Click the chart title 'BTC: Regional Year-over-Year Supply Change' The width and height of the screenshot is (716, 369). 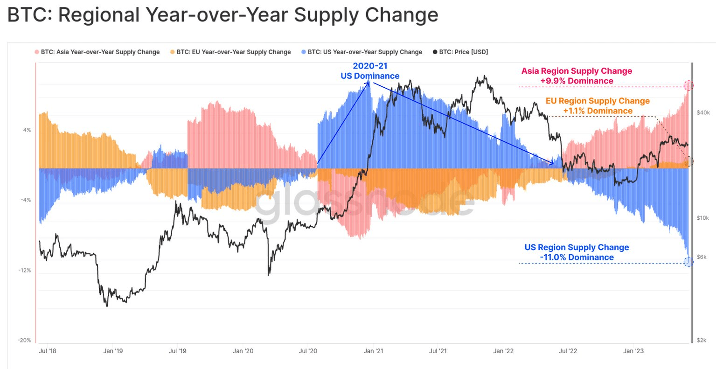(223, 15)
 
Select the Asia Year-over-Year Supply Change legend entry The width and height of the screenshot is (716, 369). (100, 52)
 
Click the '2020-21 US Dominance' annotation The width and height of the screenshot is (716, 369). (370, 71)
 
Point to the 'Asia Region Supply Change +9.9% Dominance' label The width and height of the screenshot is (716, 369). (577, 76)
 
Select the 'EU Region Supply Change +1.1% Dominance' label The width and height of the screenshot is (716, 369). (598, 106)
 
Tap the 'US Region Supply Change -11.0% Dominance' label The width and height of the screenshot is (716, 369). (577, 252)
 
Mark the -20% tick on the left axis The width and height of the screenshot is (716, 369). (25, 341)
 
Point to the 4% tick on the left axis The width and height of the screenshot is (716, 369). (27, 130)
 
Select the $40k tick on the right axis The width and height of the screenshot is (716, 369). (703, 113)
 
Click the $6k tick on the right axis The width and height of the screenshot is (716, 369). (702, 257)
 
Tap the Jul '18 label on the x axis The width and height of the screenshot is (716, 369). (47, 351)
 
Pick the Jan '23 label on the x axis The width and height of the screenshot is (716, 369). (633, 351)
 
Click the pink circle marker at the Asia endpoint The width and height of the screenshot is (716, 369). (688, 85)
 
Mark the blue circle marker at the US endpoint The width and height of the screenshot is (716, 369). (688, 262)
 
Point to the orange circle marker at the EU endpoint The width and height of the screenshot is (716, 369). (688, 161)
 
